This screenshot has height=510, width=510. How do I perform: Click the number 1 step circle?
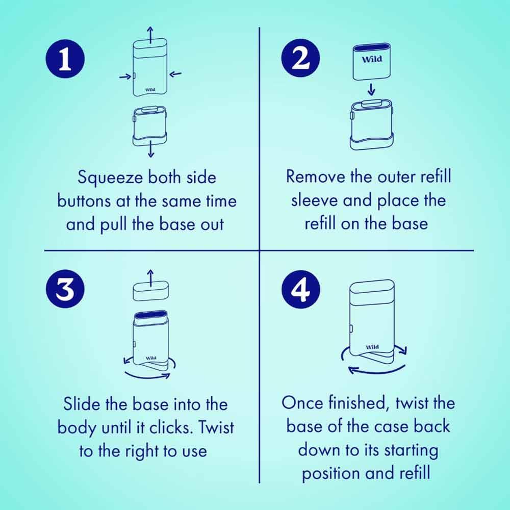(65, 59)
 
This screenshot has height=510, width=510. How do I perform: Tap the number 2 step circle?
(300, 58)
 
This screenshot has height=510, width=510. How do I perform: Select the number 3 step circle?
(65, 289)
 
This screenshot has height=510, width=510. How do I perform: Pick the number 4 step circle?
(300, 290)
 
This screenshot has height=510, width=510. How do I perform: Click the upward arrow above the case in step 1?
(150, 35)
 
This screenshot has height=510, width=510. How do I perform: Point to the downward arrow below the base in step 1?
(150, 149)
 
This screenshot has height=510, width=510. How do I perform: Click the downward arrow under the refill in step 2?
(371, 89)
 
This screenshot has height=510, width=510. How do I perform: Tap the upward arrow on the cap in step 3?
(150, 278)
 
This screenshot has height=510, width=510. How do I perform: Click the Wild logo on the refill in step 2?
(372, 59)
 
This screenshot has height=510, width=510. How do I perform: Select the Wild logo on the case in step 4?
(372, 347)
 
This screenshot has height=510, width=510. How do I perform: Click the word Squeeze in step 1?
(110, 178)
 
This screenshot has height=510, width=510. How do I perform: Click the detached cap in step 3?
(151, 291)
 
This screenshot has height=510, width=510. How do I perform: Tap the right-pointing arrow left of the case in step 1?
(125, 77)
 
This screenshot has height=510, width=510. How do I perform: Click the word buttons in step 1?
(84, 201)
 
